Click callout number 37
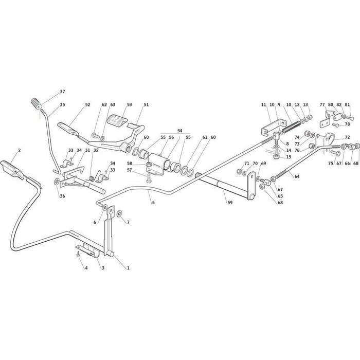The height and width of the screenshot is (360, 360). pos(62,92)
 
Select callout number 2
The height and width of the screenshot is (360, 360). pos(19,150)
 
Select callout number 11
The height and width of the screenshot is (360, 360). pos(263,105)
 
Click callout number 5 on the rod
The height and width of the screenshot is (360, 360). pos(153,203)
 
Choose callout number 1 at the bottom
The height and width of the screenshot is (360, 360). pos(128,267)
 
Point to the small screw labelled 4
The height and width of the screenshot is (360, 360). pos(78,254)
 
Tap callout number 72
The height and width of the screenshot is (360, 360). pos(347,137)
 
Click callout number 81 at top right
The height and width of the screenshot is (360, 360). pos(347,105)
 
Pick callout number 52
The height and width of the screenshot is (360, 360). pos(87,105)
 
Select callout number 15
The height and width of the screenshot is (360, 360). pos(289,156)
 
